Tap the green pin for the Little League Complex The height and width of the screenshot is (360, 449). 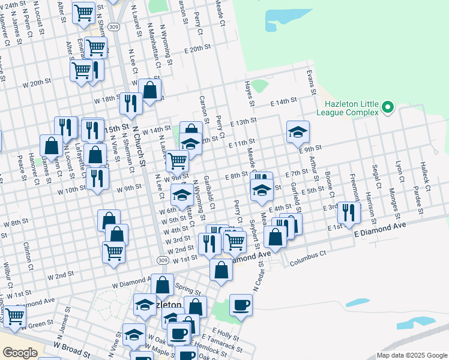(x=388, y=107)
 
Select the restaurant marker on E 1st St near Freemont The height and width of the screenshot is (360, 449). (x=348, y=212)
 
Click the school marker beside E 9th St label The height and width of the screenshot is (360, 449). (x=297, y=133)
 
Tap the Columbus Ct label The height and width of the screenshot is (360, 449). (x=307, y=259)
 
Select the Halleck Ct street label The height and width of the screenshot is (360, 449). (x=425, y=175)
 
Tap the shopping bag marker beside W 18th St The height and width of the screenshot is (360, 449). (x=150, y=91)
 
